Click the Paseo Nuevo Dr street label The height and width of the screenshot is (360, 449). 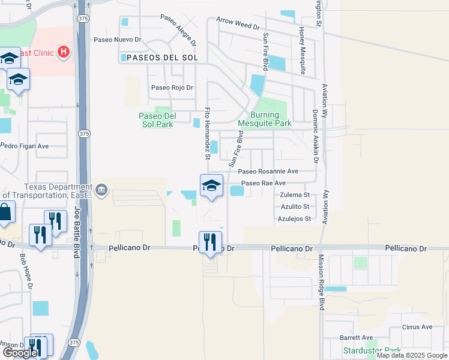[x=117, y=40]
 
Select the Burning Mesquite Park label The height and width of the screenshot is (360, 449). [x=264, y=119]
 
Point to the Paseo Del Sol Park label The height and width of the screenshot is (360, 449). [x=156, y=120]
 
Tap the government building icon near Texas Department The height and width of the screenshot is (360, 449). [x=101, y=190]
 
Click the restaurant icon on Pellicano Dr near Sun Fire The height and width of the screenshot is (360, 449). [x=210, y=242]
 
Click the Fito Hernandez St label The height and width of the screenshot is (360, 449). [x=208, y=133]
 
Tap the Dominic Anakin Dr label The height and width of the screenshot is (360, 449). [x=315, y=136]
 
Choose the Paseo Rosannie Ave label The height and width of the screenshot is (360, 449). [x=272, y=171]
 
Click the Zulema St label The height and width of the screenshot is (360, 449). [x=294, y=195]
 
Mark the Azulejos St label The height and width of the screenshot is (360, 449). [x=294, y=218]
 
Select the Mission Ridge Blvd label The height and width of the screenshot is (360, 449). [x=321, y=282]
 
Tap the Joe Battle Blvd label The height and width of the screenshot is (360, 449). [x=77, y=233]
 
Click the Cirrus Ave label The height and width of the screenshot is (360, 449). [x=418, y=327]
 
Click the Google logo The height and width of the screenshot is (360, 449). [x=20, y=353]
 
